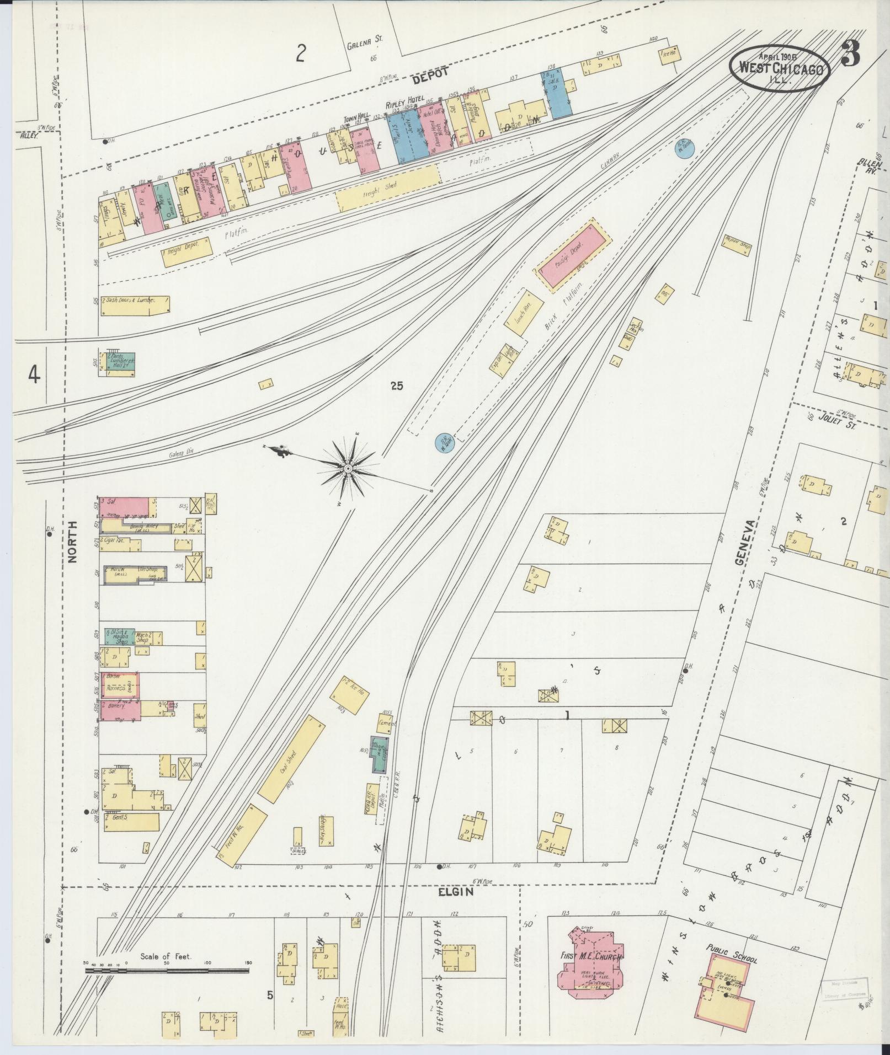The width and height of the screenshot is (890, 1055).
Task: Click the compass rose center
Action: point(348,468)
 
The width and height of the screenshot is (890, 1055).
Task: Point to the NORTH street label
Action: point(73,543)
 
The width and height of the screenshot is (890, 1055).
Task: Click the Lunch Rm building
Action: point(524,312)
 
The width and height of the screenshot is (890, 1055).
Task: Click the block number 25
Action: point(396,386)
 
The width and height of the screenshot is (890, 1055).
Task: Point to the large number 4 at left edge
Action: point(34,376)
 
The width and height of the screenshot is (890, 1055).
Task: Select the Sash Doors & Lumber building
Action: point(135,305)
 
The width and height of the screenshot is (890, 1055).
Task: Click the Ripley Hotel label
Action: point(405,100)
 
